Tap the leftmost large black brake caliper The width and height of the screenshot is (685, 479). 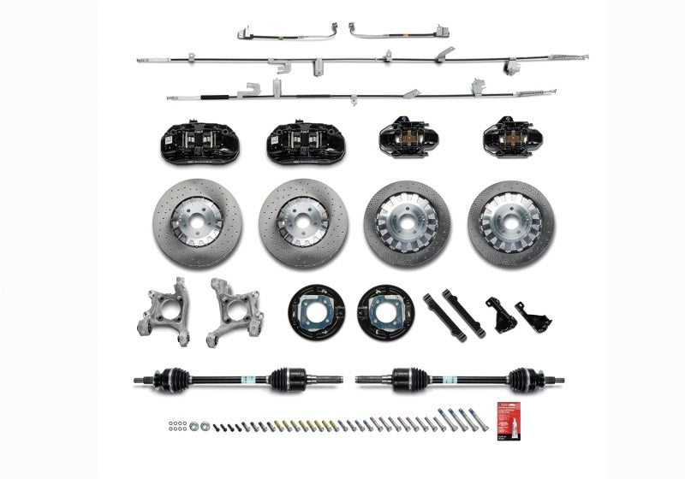pos(200,142)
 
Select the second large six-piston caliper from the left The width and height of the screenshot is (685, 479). pos(306,142)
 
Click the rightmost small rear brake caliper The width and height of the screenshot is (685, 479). pos(511,137)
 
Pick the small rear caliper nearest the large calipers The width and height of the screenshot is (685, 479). pos(408,137)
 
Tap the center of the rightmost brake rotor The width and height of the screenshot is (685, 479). pos(511,223)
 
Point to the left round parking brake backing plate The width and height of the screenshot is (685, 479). pos(316,311)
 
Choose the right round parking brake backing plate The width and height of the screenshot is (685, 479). pos(384,311)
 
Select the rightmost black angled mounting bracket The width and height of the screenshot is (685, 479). pos(533,317)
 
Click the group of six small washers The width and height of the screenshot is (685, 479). pos(176,425)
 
